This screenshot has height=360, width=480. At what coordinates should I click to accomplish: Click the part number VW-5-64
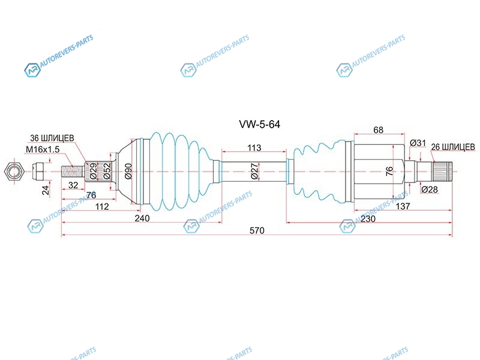click(x=259, y=124)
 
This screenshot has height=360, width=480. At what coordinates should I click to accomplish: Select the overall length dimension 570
click(x=257, y=230)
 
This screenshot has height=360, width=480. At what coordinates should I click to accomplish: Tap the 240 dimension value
click(x=142, y=218)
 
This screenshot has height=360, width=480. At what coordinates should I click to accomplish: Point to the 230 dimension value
click(x=368, y=219)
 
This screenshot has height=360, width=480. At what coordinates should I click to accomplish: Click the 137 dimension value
click(x=403, y=206)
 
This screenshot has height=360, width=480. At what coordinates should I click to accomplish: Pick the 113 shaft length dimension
click(x=254, y=148)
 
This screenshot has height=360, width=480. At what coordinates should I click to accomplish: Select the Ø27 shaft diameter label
click(x=254, y=171)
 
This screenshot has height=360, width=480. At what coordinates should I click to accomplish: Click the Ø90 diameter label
click(x=128, y=171)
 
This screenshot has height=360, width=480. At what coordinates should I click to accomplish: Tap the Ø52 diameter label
click(x=107, y=171)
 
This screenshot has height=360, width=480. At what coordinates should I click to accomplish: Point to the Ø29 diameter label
click(x=93, y=171)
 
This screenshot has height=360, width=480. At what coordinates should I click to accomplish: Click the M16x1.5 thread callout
click(x=43, y=149)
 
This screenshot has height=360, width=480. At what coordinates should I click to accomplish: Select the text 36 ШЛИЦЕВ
click(x=52, y=139)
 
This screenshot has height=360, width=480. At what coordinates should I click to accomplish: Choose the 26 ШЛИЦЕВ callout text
click(x=453, y=147)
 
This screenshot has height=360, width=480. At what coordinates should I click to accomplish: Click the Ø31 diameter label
click(x=418, y=143)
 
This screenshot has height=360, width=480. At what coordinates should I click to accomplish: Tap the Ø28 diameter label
click(x=430, y=190)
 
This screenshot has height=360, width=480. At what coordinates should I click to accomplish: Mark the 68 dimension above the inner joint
click(x=379, y=130)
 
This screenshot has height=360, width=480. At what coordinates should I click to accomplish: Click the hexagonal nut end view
click(x=14, y=172)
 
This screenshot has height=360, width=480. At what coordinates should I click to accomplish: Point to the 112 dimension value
click(x=102, y=206)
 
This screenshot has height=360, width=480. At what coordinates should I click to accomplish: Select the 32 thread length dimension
click(x=73, y=185)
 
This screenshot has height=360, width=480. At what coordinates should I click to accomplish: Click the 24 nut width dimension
click(x=46, y=190)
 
